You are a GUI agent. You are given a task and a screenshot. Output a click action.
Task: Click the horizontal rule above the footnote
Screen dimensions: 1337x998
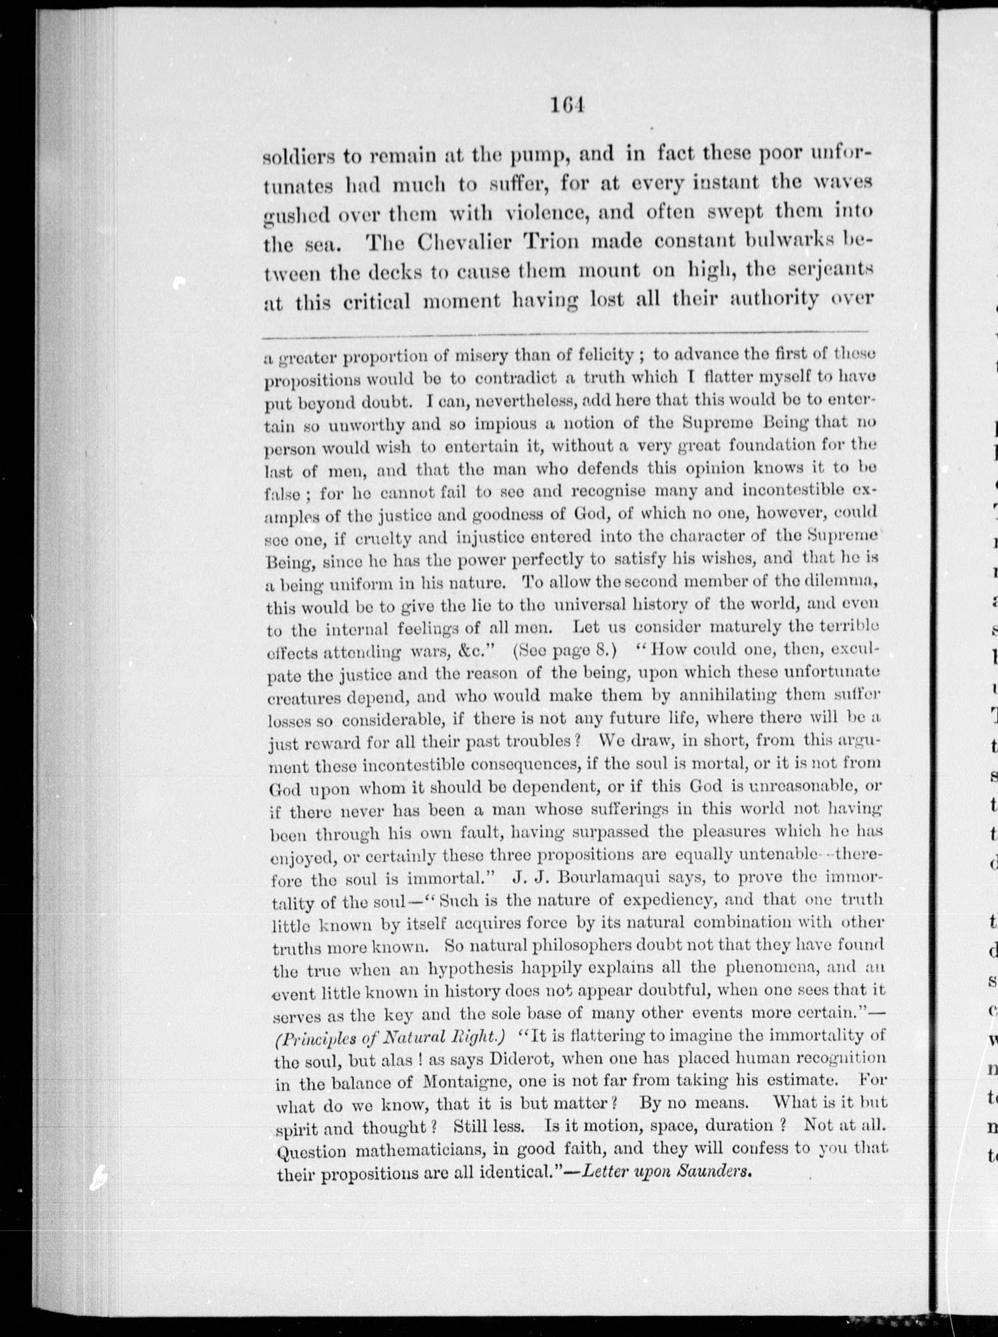(566, 333)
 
